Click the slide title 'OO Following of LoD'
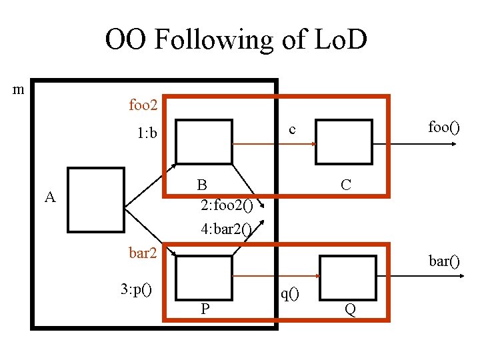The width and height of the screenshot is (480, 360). coord(236,40)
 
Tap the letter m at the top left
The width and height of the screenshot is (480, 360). coord(20,89)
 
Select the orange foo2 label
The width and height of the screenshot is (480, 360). coord(143,105)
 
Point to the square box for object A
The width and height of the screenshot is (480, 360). coord(96,199)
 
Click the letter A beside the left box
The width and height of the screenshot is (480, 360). coord(49,197)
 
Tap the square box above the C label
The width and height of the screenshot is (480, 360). coord(343,141)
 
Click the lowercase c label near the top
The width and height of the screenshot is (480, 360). coord(292,129)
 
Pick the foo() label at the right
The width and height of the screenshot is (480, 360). coord(443,127)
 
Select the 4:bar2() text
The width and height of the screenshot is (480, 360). coord(227,229)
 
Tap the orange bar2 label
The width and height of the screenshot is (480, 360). coord(143,253)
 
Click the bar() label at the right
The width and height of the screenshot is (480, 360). coord(444,261)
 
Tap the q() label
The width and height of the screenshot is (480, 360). coord(289,293)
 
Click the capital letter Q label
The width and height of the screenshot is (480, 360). coord(349,309)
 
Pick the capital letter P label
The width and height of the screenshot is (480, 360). coord(205,309)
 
